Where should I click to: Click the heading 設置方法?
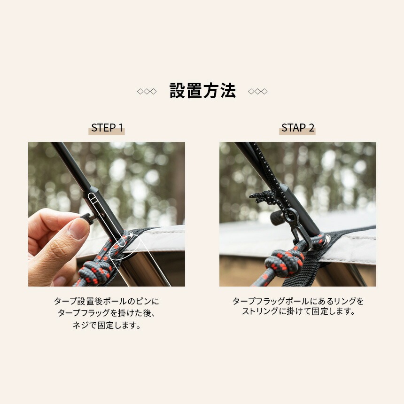coord(202,91)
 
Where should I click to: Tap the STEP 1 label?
coord(107,128)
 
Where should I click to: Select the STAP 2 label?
coord(297,128)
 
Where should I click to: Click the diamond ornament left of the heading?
coord(147,91)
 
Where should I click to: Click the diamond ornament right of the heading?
coord(257,91)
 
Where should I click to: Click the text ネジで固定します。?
coord(107,325)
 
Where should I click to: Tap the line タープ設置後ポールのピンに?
coord(107,301)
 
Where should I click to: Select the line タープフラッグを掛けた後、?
coord(107,313)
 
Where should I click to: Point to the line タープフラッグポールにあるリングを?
coord(298,301)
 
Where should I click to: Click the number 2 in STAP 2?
coord(311,128)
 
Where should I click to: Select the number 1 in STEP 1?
coord(120,128)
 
